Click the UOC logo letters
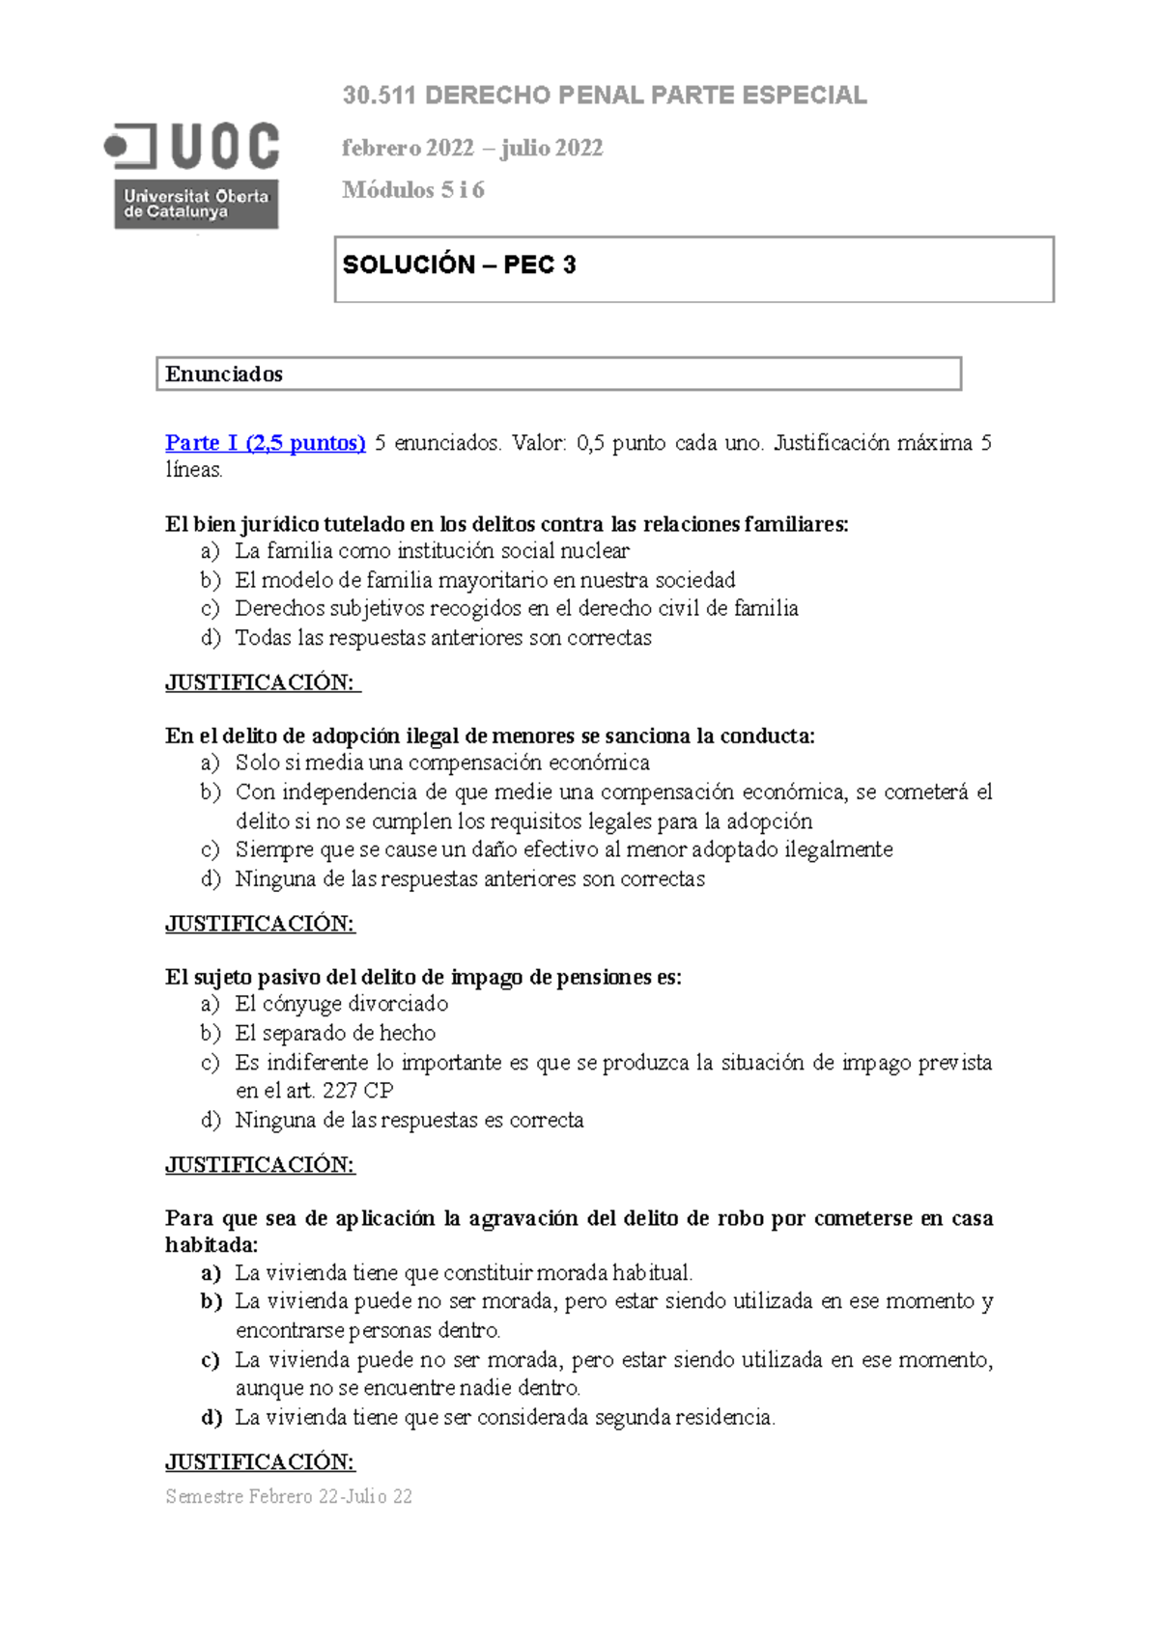point(225,147)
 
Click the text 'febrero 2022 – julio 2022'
point(472,148)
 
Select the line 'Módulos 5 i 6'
point(413,190)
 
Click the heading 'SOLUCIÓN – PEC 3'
point(459,264)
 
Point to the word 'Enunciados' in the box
point(224,375)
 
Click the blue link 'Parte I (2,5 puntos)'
point(265,443)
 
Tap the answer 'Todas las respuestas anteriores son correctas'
point(443,638)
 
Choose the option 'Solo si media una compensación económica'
point(442,763)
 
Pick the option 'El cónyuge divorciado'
point(342,1004)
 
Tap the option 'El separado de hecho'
point(335,1033)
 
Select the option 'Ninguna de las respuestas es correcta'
point(410,1121)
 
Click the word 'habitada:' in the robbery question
point(212,1245)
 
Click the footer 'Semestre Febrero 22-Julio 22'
point(289,1497)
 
